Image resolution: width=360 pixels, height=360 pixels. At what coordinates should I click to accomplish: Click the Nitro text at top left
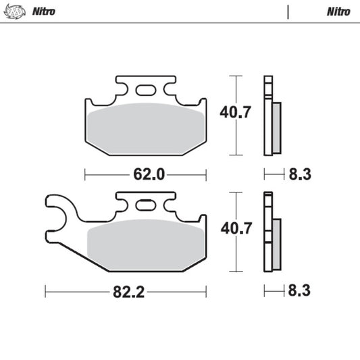click(x=44, y=11)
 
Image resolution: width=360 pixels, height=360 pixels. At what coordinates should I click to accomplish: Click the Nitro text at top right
click(x=338, y=11)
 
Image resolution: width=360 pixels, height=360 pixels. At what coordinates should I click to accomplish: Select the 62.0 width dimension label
click(x=149, y=175)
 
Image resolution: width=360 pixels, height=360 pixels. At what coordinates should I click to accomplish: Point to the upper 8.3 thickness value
click(x=299, y=175)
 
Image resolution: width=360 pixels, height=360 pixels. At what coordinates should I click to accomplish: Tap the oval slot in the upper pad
click(x=145, y=90)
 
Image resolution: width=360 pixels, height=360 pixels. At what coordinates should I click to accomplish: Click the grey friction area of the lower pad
click(x=145, y=245)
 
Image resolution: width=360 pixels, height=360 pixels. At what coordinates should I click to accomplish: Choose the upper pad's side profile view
click(x=272, y=115)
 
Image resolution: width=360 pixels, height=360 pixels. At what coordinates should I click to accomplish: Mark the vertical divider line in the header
click(x=288, y=11)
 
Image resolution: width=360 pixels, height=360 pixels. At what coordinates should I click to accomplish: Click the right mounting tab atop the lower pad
click(x=167, y=201)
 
